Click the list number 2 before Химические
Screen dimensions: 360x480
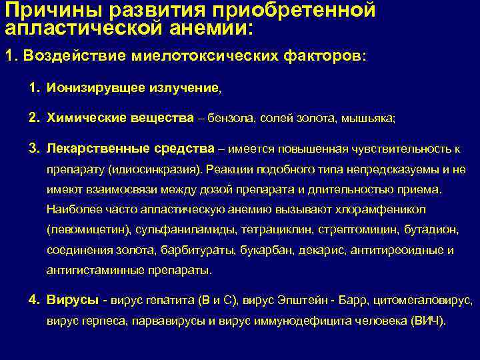coord(33,117)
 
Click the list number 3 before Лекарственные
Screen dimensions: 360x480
coord(33,147)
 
